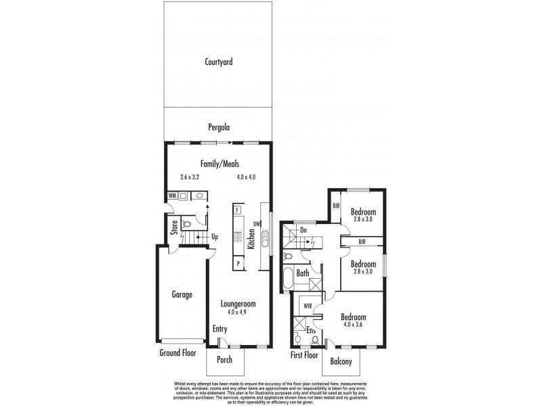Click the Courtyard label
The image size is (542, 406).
click(219, 62)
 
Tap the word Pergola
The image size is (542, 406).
click(219, 127)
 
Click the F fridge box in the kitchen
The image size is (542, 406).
click(238, 210)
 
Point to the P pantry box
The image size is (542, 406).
click(238, 263)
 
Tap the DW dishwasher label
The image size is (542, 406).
click(257, 224)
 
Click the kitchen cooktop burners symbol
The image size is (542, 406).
click(238, 237)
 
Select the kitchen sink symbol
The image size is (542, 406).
click(266, 238)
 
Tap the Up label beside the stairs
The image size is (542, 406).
click(215, 237)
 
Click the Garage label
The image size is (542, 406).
click(182, 294)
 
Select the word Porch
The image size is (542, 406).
click(224, 359)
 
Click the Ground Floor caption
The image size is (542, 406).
click(179, 353)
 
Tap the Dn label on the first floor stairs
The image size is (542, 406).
click(304, 230)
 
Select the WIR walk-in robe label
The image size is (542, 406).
click(307, 306)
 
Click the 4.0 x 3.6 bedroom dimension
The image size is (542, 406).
click(353, 325)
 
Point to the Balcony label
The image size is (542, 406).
click(341, 362)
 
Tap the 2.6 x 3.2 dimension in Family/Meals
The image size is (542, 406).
click(191, 177)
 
